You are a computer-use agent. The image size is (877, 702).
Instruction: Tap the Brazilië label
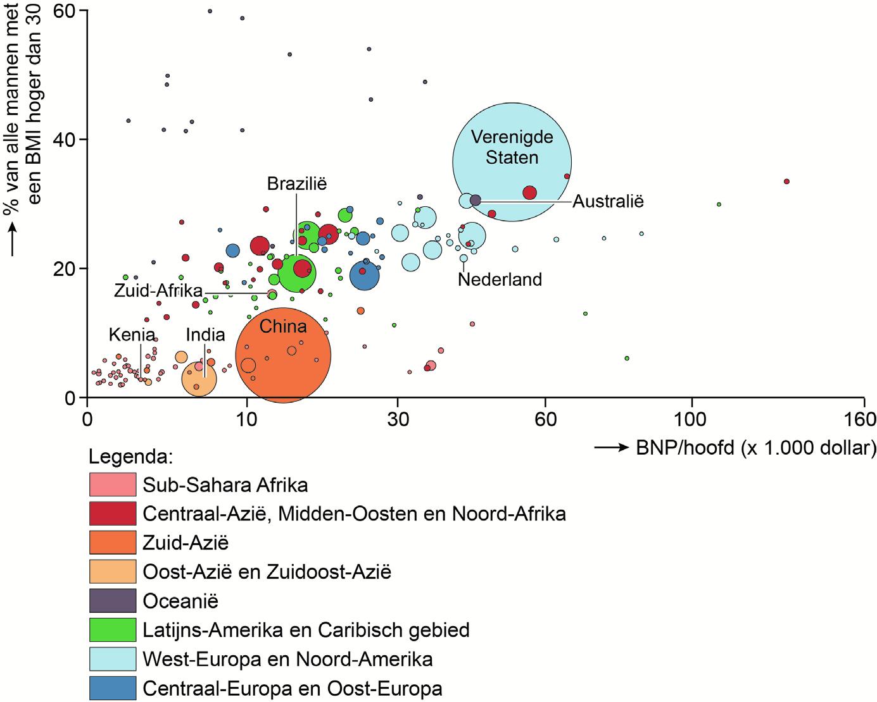tap(296, 184)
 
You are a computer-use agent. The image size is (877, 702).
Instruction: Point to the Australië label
tap(608, 202)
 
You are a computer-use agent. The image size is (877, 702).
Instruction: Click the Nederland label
tap(500, 279)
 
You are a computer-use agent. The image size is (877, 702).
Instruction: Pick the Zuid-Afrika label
tap(158, 291)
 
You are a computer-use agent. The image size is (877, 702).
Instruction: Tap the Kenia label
tap(132, 334)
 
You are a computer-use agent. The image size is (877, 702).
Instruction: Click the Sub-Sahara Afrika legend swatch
tap(113, 484)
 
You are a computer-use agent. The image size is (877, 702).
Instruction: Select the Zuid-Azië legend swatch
tap(113, 543)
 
